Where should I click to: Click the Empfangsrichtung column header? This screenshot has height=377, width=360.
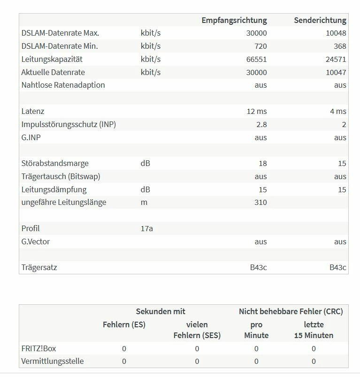pyautogui.click(x=234, y=20)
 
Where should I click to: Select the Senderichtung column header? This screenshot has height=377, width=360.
pyautogui.click(x=320, y=20)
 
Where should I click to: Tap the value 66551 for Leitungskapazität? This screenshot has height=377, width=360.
pyautogui.click(x=256, y=60)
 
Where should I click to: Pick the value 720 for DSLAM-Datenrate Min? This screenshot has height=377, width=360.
pyautogui.click(x=260, y=46)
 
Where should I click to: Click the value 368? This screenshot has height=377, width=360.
pyautogui.click(x=340, y=46)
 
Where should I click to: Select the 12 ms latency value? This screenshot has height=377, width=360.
pyautogui.click(x=256, y=112)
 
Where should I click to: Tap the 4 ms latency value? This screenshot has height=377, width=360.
pyautogui.click(x=338, y=112)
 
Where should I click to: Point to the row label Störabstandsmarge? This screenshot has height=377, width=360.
pyautogui.click(x=55, y=164)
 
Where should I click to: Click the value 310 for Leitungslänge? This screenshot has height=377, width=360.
pyautogui.click(x=260, y=203)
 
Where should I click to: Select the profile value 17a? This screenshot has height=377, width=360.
pyautogui.click(x=146, y=229)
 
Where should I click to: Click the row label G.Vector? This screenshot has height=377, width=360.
pyautogui.click(x=36, y=242)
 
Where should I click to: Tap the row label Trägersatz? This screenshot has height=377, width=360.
pyautogui.click(x=39, y=268)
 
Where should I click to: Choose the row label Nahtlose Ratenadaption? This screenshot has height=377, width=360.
pyautogui.click(x=63, y=85)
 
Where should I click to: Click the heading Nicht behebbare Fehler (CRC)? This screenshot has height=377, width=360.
pyautogui.click(x=291, y=311)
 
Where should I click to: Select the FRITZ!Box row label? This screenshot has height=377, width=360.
pyautogui.click(x=38, y=349)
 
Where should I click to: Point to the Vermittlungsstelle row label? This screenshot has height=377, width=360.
pyautogui.click(x=53, y=362)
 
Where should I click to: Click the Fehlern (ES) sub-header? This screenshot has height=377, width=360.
pyautogui.click(x=124, y=324)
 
